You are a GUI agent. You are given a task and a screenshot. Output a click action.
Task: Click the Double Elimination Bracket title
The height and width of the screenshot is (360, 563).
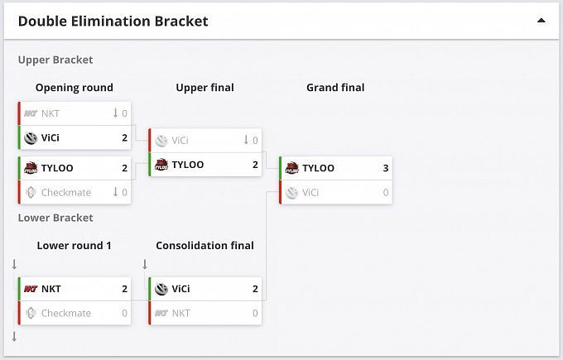click(113, 21)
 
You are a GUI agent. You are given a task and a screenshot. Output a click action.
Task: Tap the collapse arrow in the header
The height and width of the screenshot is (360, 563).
click(541, 21)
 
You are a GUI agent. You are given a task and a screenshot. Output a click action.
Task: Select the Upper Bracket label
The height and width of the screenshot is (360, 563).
click(55, 60)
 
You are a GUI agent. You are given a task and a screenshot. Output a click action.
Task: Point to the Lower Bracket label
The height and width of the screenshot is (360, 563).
click(55, 218)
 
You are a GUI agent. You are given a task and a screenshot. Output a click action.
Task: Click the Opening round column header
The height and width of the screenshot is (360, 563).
click(75, 88)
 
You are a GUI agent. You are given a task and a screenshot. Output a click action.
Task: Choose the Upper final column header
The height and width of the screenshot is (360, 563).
click(205, 88)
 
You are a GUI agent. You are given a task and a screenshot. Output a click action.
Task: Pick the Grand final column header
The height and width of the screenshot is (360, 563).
click(335, 88)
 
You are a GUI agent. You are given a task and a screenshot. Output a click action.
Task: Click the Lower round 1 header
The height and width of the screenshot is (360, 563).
click(75, 245)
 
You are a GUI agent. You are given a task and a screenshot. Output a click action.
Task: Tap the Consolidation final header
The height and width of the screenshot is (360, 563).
click(205, 245)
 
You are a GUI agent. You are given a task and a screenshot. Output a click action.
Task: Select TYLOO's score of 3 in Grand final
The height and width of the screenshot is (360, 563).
click(385, 168)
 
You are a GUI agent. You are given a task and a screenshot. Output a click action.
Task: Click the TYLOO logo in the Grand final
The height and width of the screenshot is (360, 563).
click(291, 168)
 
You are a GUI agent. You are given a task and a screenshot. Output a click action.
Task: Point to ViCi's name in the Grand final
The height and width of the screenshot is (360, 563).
click(310, 192)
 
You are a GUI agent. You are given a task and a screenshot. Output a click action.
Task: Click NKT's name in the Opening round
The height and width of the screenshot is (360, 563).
click(51, 113)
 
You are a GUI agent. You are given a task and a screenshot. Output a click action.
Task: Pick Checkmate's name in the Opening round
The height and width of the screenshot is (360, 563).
click(66, 192)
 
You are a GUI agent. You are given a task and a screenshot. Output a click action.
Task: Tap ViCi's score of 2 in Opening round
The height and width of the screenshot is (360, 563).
click(124, 137)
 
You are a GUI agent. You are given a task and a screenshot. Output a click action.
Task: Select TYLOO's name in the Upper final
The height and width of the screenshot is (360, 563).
click(188, 165)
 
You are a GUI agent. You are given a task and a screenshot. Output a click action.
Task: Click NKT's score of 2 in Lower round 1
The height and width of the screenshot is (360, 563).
click(124, 289)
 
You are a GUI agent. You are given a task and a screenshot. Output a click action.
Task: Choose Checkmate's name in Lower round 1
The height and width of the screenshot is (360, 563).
click(66, 313)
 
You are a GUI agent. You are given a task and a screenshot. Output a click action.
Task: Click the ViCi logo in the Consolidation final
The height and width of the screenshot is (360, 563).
click(161, 289)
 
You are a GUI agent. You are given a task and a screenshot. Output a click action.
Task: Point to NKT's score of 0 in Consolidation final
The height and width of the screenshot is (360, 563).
click(255, 313)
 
